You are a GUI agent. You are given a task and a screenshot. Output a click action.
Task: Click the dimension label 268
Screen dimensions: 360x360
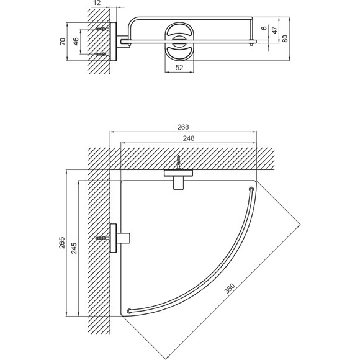(183, 127)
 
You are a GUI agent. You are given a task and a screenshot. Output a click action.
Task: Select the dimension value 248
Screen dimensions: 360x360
(189, 138)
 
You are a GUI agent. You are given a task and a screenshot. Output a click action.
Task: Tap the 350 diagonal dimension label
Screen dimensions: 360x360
(230, 289)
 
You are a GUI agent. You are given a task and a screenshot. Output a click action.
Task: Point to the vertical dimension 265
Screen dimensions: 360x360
(62, 243)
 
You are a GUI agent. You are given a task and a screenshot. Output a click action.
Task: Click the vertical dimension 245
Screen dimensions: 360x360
(74, 248)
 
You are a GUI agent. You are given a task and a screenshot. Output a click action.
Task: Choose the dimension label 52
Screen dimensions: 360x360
(179, 68)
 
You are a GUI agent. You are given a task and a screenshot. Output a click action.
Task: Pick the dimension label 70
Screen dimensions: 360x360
(63, 42)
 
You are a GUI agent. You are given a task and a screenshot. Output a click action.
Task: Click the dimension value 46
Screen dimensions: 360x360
(76, 42)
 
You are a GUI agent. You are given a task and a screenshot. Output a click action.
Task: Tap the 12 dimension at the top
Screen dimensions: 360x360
(97, 3)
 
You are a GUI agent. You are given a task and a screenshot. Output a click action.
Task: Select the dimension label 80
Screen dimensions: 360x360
(285, 38)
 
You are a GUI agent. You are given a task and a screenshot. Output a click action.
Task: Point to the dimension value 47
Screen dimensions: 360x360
(274, 30)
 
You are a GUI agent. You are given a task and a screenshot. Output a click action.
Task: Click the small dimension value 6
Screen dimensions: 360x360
(264, 28)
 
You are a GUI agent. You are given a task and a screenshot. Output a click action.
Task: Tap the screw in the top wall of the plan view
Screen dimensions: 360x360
(178, 163)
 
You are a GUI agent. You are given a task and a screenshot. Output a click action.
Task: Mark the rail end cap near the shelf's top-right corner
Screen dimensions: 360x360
(251, 189)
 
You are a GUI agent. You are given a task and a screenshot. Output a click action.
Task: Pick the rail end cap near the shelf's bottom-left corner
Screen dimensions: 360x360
(130, 311)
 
